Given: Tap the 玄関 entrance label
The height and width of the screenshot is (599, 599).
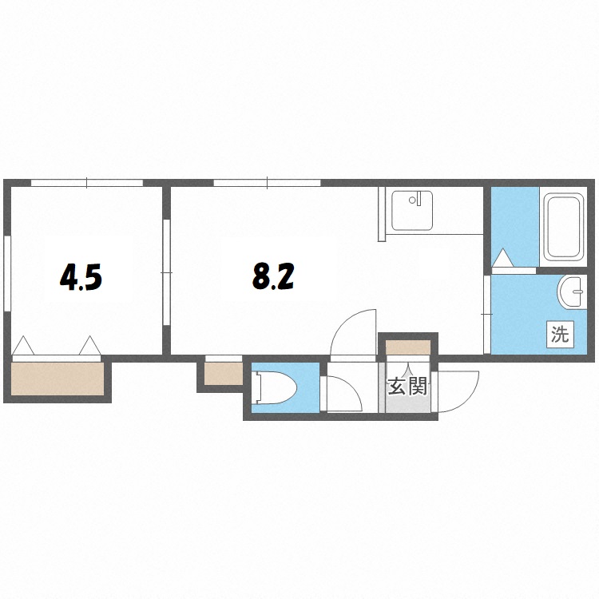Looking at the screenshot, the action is point(407,387).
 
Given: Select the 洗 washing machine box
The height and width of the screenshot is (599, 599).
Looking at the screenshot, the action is point(560,335).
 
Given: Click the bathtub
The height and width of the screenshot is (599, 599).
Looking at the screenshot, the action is point(564,227).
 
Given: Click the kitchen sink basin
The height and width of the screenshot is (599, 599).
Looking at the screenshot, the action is point(412,211).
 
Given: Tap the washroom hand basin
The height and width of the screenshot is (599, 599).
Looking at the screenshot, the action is point(572,292).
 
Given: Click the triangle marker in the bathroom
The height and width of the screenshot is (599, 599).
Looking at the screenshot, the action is point(502,258).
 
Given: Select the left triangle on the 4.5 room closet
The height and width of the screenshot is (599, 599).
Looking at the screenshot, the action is point(23,346).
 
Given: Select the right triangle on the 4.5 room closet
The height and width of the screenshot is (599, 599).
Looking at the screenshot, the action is point(90,346).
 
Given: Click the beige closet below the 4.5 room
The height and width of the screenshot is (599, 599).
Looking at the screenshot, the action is point(58,379).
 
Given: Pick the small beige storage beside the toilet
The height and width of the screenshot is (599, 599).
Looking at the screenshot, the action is point(224,374).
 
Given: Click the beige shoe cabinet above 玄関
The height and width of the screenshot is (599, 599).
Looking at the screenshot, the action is point(408,347).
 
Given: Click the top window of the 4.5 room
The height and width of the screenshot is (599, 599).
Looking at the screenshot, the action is point(87,183).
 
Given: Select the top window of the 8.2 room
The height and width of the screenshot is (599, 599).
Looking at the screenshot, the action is point(267,183).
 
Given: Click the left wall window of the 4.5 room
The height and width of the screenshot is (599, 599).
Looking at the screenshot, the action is point(7,273).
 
